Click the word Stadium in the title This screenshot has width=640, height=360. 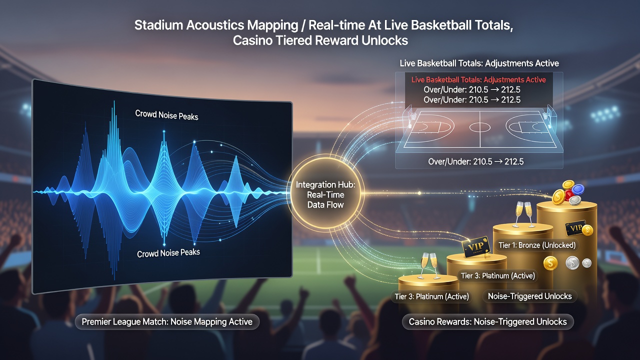point(158,25)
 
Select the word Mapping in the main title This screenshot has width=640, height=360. point(272,25)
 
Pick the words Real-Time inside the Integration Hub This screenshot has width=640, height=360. point(325,195)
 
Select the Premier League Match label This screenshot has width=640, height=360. point(167,321)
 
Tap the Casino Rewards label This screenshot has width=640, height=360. point(487,321)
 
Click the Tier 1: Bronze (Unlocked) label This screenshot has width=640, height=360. point(537,245)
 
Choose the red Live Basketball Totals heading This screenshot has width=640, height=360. point(478,79)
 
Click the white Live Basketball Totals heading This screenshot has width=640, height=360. point(479,63)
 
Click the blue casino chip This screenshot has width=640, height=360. point(577,189)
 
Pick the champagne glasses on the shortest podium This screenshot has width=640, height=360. point(428,265)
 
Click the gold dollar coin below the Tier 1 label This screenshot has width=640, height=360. point(550,263)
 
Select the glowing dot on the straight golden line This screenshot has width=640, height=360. point(419,193)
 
